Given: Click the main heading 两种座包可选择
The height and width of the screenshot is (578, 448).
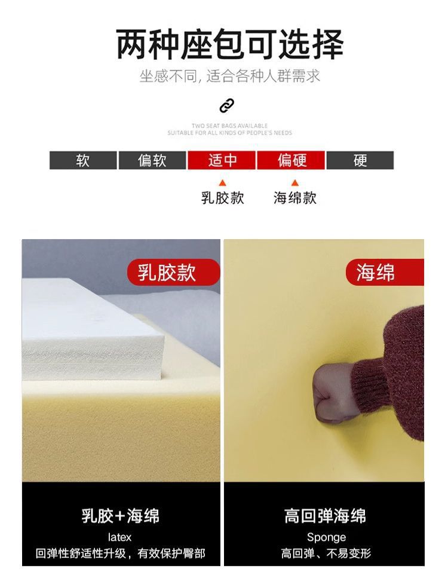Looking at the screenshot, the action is tap(229, 45).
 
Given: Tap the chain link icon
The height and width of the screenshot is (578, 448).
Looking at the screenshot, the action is tap(226, 106).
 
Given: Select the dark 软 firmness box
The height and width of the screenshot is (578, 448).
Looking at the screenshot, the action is tap(83, 160).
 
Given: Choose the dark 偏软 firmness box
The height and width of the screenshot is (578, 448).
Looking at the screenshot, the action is tap(152, 160).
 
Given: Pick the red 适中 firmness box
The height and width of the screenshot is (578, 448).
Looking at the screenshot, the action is tap(222, 160).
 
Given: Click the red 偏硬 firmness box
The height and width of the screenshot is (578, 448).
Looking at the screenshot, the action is tap(291, 160).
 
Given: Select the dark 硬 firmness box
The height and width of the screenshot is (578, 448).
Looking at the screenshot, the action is tap(360, 160).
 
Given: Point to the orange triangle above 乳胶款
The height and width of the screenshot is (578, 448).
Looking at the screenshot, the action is tap(222, 184).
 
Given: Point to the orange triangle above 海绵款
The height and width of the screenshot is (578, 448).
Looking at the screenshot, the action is tap(294, 183).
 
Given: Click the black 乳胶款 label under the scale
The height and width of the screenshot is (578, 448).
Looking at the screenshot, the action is tap(223, 198).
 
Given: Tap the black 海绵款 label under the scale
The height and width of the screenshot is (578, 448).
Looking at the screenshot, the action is tap(294, 198).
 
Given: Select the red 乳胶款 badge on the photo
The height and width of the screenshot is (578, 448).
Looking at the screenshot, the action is tap(174, 273).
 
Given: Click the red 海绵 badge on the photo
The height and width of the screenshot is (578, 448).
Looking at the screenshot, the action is tap(385, 273).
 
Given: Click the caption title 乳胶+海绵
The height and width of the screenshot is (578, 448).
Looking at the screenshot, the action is tap(121, 515).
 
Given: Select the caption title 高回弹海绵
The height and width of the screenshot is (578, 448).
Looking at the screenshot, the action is tap(325, 515).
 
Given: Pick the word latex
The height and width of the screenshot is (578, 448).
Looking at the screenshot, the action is tap(119, 537).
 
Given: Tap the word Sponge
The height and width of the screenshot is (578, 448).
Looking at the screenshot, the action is tap(326, 538).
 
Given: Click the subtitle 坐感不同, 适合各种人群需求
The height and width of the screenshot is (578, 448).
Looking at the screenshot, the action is tap(230, 76).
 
